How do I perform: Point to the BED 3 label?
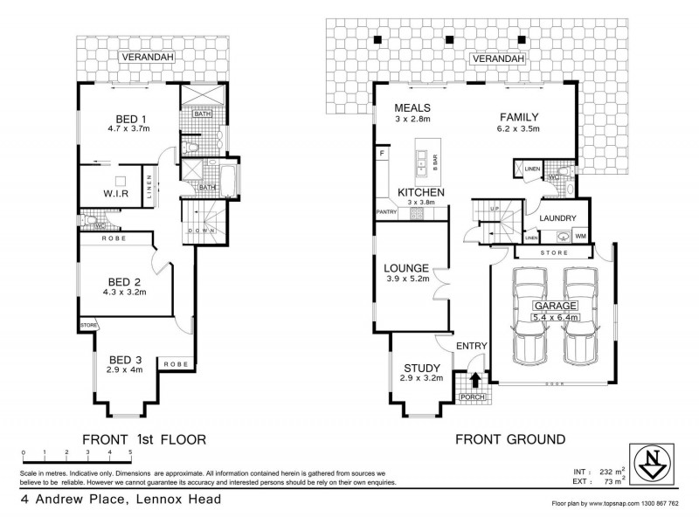click(124, 359)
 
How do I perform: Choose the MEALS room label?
click(412, 107)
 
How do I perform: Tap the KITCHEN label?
click(421, 192)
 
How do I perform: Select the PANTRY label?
click(386, 211)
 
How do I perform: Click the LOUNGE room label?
click(405, 268)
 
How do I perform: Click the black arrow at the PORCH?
click(474, 380)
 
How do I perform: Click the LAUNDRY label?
click(557, 218)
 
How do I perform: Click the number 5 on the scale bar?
click(130, 452)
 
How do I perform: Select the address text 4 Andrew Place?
click(79, 500)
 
